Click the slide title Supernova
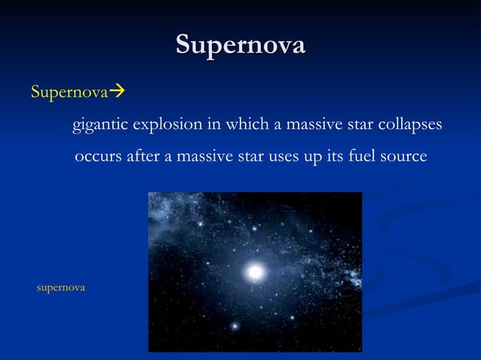(x=240, y=44)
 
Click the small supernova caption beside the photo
(x=61, y=288)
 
